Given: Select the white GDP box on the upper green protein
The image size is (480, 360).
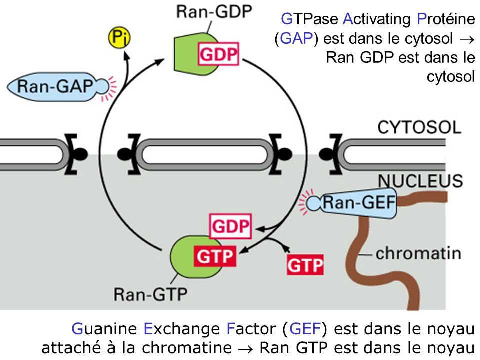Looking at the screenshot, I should click(x=219, y=54).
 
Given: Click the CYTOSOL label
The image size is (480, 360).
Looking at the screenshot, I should click(x=419, y=127).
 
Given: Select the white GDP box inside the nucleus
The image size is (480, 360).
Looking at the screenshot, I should click(x=230, y=227).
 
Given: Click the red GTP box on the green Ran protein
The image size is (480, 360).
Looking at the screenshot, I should click(x=214, y=257).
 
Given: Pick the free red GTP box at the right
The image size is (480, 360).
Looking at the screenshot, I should click(x=305, y=264).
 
